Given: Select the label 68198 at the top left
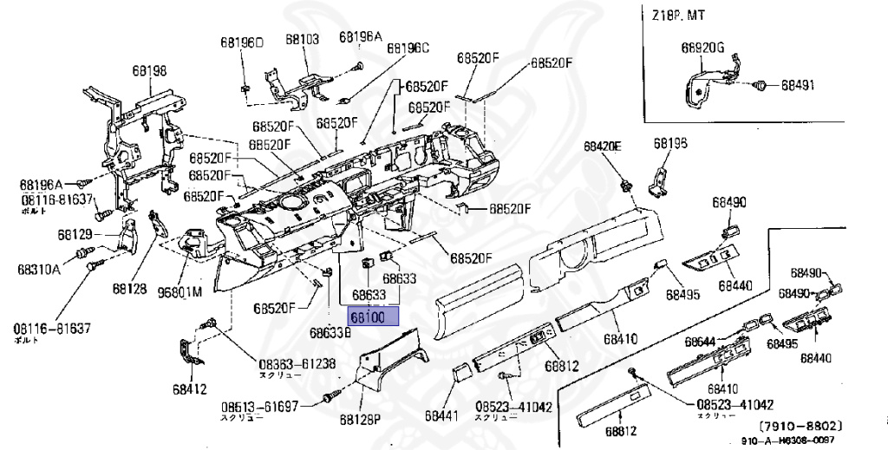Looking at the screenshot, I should [150, 70].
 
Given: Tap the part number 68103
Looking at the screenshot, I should [302, 39].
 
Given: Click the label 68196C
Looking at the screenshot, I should [408, 49].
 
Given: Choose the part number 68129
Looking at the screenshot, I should [75, 234].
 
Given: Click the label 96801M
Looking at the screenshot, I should [180, 292].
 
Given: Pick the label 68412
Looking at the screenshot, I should [189, 388].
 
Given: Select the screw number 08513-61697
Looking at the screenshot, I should [258, 406].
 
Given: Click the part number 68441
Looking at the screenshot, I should [441, 417].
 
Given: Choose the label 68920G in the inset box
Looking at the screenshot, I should [702, 48].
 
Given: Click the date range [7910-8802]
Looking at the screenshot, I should [800, 426].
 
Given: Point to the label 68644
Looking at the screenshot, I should [702, 342].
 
